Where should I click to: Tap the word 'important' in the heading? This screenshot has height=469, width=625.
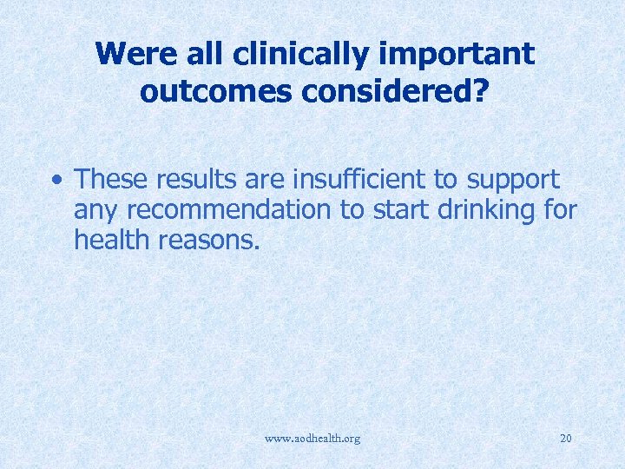[456, 55]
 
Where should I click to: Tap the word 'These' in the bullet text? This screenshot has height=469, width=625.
[109, 180]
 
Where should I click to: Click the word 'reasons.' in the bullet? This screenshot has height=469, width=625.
[210, 240]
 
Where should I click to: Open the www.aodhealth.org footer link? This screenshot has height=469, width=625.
[313, 439]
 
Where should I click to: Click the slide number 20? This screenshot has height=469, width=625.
[565, 439]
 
